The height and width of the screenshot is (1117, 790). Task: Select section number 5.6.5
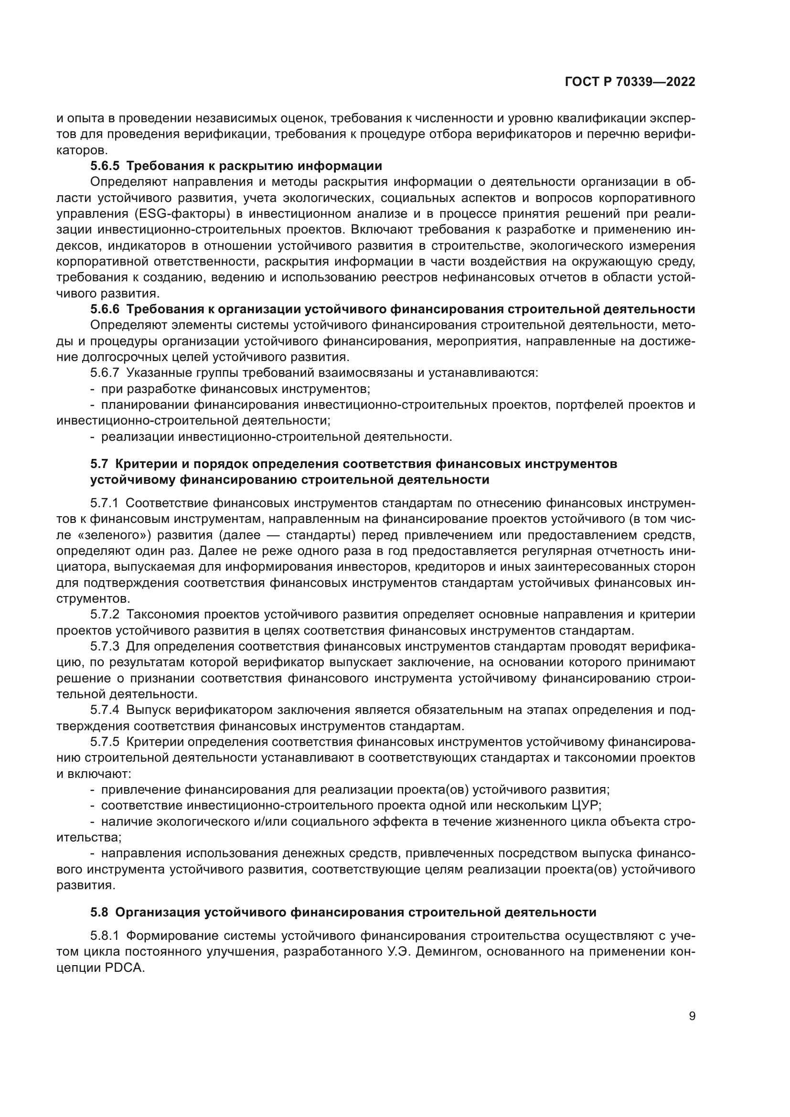pos(105,166)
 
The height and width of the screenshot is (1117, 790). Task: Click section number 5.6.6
pos(105,309)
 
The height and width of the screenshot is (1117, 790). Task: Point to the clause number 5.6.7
pos(105,373)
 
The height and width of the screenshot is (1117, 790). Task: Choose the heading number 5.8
pos(99,912)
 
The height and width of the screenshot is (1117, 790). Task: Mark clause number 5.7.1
pos(105,503)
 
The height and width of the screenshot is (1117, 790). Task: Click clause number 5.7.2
pos(105,615)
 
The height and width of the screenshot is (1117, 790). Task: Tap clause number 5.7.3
pos(105,647)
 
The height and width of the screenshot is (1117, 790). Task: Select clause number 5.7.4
pos(105,710)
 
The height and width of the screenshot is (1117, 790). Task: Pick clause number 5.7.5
pos(105,742)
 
